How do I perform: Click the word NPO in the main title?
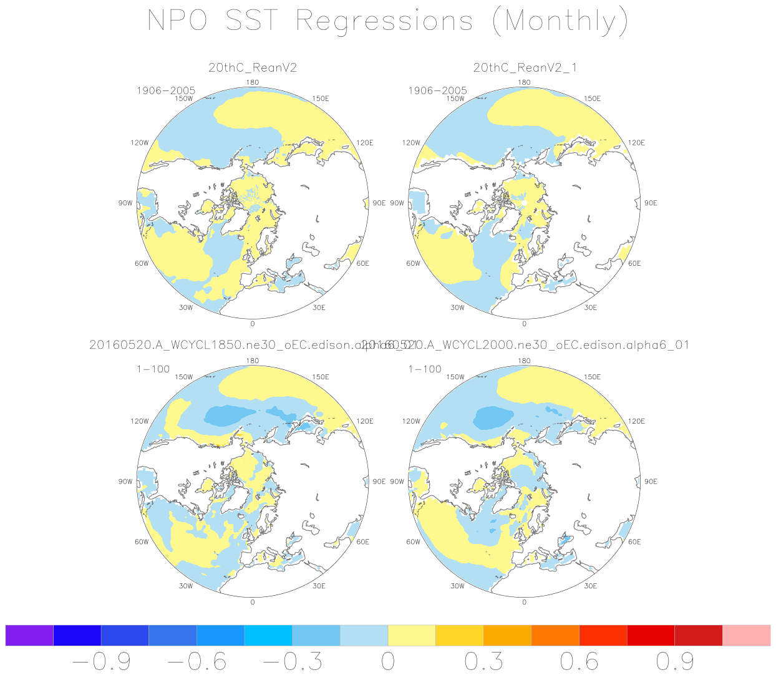coord(177,21)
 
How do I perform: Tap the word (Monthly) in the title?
coord(560,22)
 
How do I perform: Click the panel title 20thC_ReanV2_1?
coord(525,67)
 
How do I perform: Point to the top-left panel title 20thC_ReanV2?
coord(253,67)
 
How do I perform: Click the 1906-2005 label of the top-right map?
coord(437,90)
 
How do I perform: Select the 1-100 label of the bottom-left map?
coord(153,369)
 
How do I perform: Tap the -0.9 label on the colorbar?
coord(102,661)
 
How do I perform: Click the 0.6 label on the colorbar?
coord(579,661)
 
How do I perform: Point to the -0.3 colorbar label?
coord(293,661)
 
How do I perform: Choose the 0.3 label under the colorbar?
coord(483,661)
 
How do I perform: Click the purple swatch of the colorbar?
coord(29,635)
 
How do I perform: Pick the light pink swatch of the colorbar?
coord(746,635)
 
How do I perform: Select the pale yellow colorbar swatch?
coord(412,635)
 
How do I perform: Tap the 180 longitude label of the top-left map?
coord(253,82)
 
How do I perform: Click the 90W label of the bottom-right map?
coord(397,482)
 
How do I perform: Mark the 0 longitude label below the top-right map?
coord(524,324)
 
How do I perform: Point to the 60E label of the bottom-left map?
coord(362,541)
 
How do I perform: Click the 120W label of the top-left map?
coord(140,143)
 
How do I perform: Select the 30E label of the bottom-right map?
coord(590,586)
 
